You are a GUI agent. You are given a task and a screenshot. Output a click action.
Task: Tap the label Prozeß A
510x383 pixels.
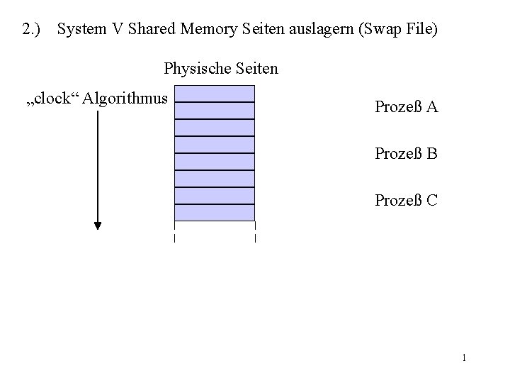pyautogui.click(x=406, y=107)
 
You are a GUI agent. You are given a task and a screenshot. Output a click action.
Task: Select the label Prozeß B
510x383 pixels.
pyautogui.click(x=406, y=153)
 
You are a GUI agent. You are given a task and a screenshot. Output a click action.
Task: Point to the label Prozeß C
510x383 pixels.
pyautogui.click(x=406, y=200)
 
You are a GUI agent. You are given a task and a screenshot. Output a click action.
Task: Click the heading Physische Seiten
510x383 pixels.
pyautogui.click(x=221, y=69)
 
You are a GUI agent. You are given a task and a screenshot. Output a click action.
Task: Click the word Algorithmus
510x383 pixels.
pyautogui.click(x=125, y=98)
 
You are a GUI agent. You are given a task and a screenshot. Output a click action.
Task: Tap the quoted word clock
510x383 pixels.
pyautogui.click(x=55, y=98)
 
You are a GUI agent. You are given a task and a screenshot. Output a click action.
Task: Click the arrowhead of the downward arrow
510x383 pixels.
pyautogui.click(x=98, y=226)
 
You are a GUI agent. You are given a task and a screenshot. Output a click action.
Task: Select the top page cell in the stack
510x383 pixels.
pyautogui.click(x=214, y=94)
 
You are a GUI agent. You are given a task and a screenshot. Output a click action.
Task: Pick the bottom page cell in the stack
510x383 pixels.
pyautogui.click(x=214, y=213)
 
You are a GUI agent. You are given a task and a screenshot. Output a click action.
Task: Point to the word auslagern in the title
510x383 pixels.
pyautogui.click(x=302, y=30)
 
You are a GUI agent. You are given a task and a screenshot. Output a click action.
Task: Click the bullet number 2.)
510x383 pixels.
pyautogui.click(x=31, y=30)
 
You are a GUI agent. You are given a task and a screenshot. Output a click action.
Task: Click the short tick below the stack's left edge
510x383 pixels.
pyautogui.click(x=174, y=238)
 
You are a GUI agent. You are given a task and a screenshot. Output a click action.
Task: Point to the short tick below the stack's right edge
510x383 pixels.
pyautogui.click(x=254, y=238)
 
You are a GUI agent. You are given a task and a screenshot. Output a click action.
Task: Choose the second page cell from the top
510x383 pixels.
pyautogui.click(x=214, y=111)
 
